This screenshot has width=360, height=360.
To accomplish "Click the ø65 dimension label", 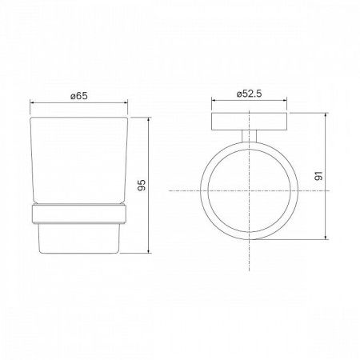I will pos(78,96).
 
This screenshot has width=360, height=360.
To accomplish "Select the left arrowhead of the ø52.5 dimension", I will pos(214,103).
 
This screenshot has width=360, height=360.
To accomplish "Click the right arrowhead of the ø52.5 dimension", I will pos(286,103).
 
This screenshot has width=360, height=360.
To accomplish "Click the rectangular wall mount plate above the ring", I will pos(250,122).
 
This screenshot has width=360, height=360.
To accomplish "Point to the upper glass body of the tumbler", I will pos(78,160).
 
